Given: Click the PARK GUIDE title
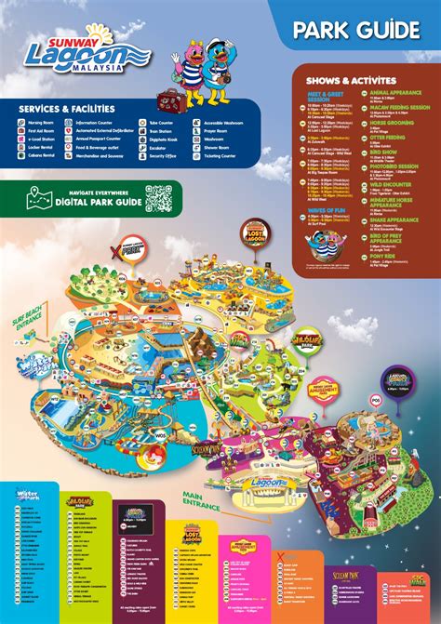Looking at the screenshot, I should pos(356,30).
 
